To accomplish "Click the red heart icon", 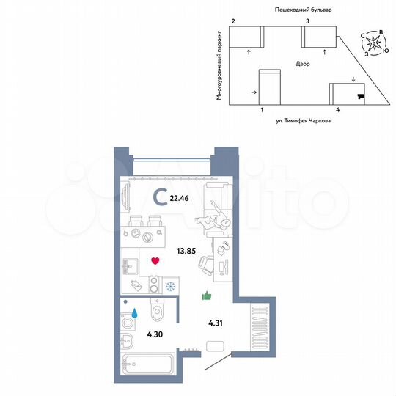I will tap(155, 261).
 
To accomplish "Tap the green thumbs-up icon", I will tap(207, 296).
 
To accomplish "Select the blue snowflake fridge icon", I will tap(172, 286).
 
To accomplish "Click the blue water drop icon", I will tap(134, 312).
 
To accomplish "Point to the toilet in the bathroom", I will tap(156, 312).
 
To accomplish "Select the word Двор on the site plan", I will tap(304, 65).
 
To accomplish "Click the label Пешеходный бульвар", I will tap(304, 11).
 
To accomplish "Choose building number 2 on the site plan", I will tap(232, 23).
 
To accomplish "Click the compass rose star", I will tap(375, 44).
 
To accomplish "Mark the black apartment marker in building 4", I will tap(359, 95).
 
